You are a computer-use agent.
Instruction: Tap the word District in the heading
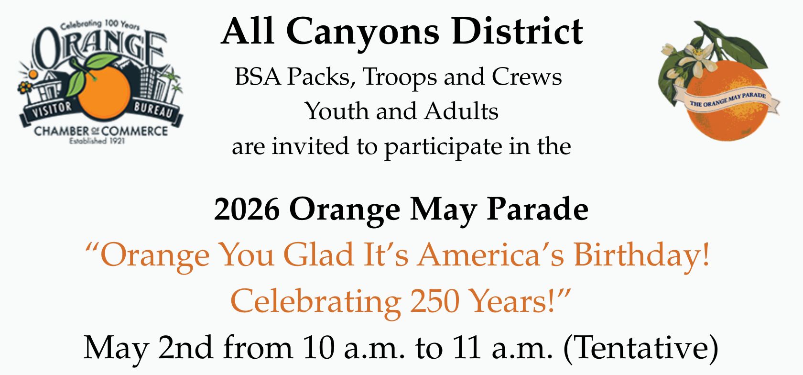517,31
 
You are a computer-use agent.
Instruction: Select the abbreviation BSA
257,77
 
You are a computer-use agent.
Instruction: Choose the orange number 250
434,301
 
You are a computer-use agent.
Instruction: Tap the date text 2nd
185,347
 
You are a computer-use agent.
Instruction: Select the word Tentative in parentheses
640,348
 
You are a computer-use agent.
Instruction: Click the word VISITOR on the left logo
53,109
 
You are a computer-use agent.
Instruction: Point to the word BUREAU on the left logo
153,110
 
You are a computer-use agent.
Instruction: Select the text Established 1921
97,141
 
